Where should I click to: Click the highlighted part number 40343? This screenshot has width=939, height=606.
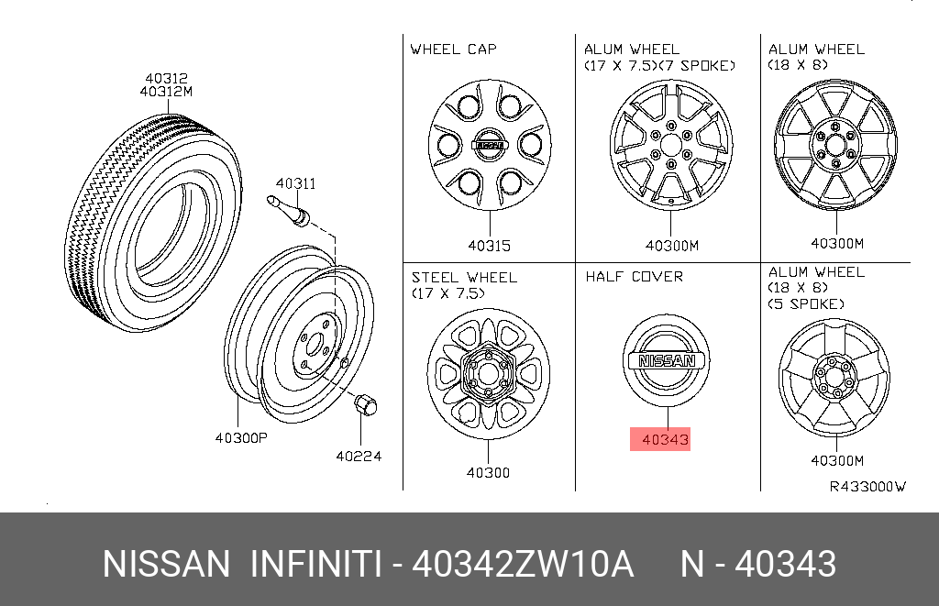[x=665, y=439]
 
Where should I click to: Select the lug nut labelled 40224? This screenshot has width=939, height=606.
[x=365, y=405]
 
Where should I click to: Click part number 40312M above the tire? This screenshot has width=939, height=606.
[x=166, y=92]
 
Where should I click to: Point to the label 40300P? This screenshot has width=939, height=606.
[x=241, y=437]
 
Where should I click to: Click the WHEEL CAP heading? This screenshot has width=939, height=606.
[x=453, y=50]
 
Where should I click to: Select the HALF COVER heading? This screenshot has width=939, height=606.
[x=635, y=277]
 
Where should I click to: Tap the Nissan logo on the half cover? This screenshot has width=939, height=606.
[x=667, y=360]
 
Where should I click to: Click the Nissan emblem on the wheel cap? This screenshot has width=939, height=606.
[x=490, y=145]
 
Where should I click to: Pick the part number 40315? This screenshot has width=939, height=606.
[x=490, y=246]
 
